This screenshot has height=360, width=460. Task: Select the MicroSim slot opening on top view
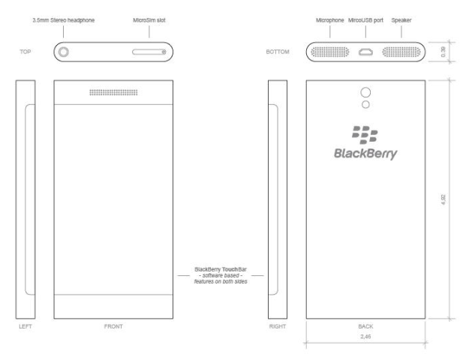pos(149,52)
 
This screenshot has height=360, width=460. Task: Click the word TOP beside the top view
pos(26,52)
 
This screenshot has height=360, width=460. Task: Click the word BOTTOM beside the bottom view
pos(279,52)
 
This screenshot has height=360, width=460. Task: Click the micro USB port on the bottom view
pos(366,52)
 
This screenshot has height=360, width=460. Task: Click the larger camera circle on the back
pos(366,92)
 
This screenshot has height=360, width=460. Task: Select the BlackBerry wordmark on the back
pos(365,154)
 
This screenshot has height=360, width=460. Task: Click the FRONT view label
pos(115,327)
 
